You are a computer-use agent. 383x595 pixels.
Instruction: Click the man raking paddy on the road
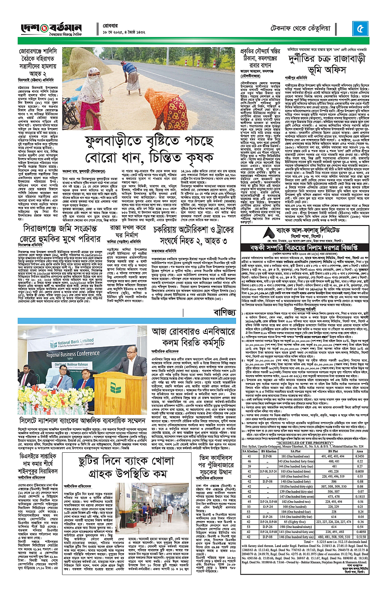(132, 75)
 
